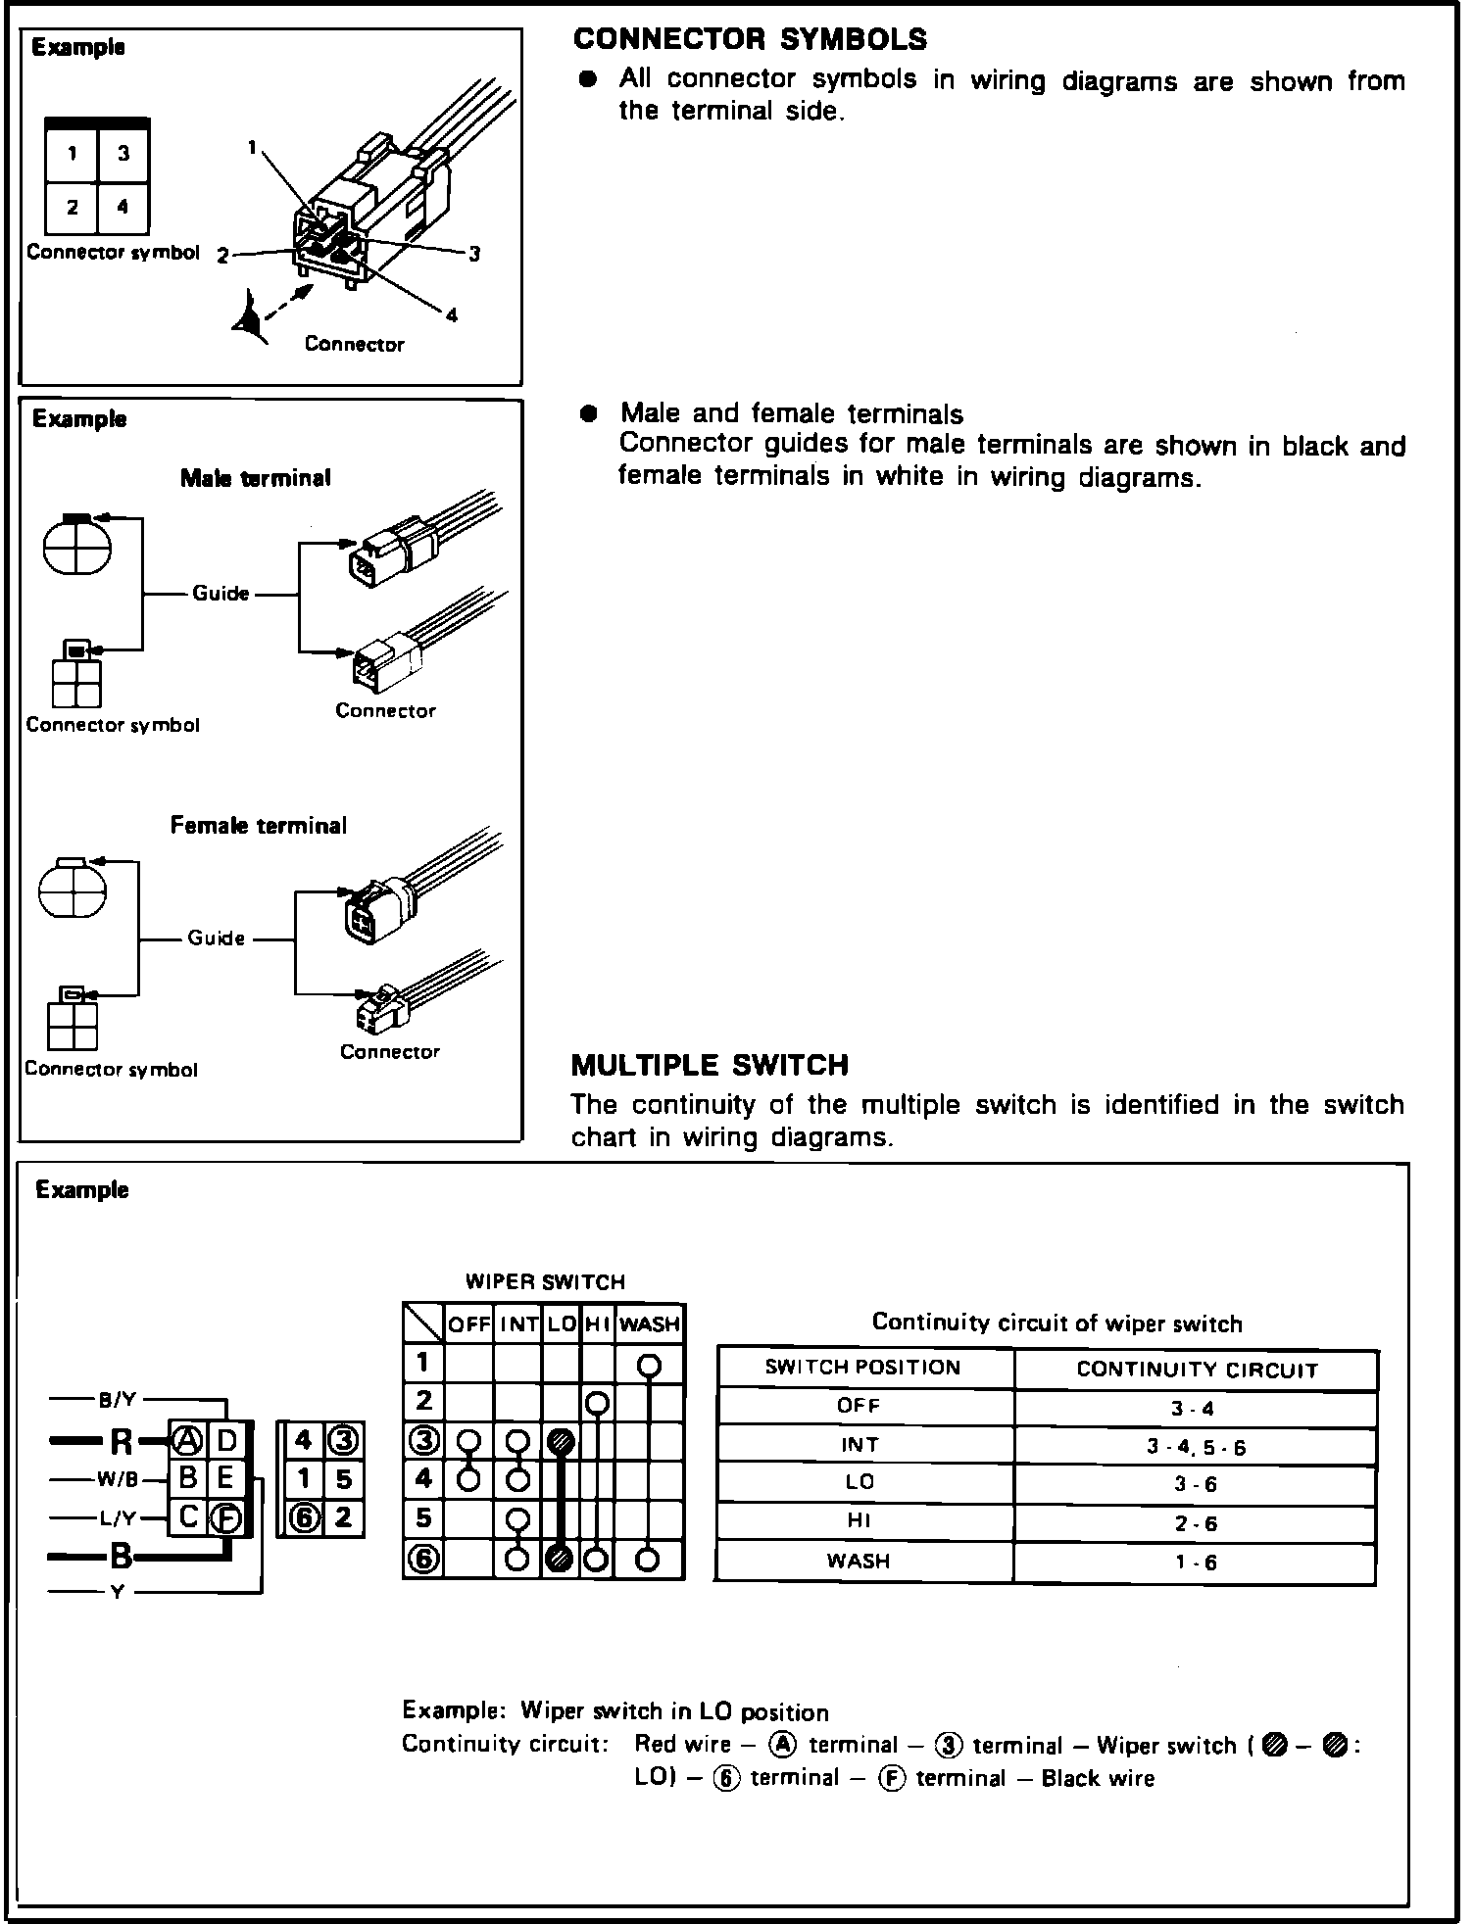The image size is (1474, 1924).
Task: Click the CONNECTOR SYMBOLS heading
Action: point(750,39)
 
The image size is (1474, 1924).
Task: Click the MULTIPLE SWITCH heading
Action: point(710,1065)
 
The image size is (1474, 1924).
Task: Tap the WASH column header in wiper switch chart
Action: point(650,1324)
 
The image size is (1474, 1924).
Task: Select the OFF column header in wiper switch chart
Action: point(468,1324)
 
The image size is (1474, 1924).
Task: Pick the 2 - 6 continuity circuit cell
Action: point(1195,1524)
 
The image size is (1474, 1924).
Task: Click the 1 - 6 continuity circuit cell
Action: point(1195,1563)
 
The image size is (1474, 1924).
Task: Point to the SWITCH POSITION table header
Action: point(862,1369)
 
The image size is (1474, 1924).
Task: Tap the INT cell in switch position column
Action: point(860,1445)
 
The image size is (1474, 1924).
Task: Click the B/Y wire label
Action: point(118,1401)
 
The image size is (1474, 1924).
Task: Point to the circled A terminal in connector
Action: point(186,1440)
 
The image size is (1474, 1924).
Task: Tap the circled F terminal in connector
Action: point(226,1518)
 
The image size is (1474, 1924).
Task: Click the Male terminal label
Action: point(255,478)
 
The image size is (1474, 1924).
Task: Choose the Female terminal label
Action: point(258,826)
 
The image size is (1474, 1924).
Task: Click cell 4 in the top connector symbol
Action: point(123,207)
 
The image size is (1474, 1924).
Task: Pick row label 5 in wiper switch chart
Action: point(423,1518)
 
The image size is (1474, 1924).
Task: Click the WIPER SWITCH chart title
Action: point(544,1282)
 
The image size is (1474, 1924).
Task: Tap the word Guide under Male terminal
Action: point(221,594)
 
